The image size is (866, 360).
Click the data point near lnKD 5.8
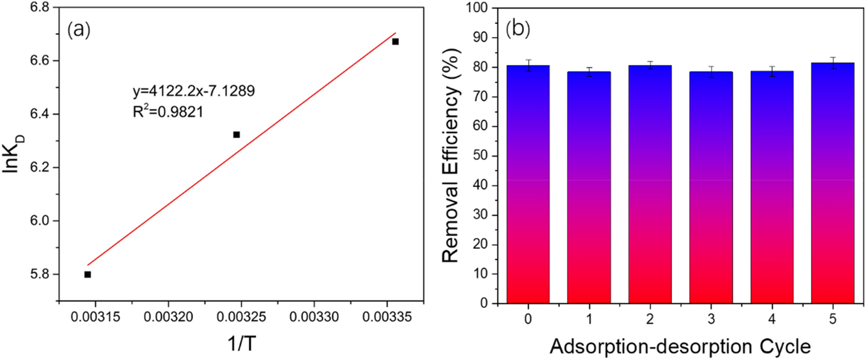[88, 274]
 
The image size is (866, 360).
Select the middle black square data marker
[236, 135]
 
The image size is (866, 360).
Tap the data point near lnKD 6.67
[395, 42]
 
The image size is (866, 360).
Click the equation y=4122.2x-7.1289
[193, 91]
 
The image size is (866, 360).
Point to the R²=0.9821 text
[168, 112]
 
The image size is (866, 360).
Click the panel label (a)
[79, 30]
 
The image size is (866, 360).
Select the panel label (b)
[518, 29]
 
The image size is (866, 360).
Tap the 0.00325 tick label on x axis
[241, 317]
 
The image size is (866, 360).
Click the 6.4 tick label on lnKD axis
[40, 114]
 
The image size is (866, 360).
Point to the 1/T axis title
[242, 344]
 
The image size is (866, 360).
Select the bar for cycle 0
[527, 186]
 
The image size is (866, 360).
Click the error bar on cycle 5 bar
[832, 63]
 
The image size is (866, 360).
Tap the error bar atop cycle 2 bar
[650, 65]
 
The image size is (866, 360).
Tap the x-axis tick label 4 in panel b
[772, 319]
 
